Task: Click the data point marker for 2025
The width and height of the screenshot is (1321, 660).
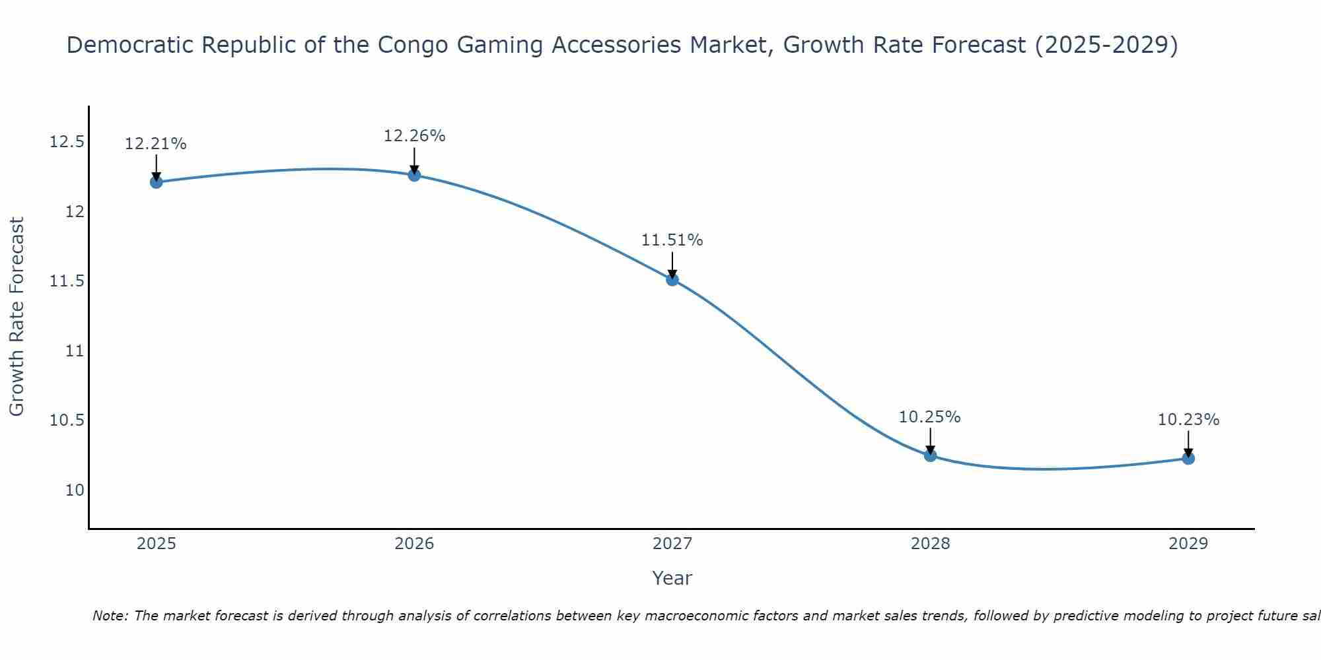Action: coord(157,182)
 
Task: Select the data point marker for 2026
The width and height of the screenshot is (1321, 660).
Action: coord(414,175)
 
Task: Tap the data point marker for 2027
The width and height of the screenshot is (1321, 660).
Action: coord(672,280)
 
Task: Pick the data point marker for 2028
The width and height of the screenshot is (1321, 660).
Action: coord(930,455)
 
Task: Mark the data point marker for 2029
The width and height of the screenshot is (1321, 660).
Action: coord(1188,458)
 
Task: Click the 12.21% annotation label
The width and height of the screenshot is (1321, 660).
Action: coord(156,144)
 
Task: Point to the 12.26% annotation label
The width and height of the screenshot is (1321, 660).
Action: coord(414,136)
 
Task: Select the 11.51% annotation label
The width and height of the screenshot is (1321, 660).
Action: coord(672,240)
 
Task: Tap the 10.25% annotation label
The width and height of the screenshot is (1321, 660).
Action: coord(929,417)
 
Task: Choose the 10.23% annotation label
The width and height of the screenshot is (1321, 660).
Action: coord(1188,420)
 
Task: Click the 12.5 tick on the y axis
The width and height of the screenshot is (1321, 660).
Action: coord(67,142)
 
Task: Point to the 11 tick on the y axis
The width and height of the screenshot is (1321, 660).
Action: coord(75,351)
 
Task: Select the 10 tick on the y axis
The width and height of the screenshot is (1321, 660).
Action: coord(75,490)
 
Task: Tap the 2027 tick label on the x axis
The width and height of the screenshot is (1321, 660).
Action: coord(672,544)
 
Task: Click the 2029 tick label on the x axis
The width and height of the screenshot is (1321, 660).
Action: coord(1188,544)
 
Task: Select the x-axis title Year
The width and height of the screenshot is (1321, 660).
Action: coord(672,578)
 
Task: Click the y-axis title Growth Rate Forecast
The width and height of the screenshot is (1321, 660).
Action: coord(17,316)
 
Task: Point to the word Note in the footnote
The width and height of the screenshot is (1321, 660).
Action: coord(110,616)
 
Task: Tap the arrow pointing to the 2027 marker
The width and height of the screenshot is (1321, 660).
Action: coord(672,265)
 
